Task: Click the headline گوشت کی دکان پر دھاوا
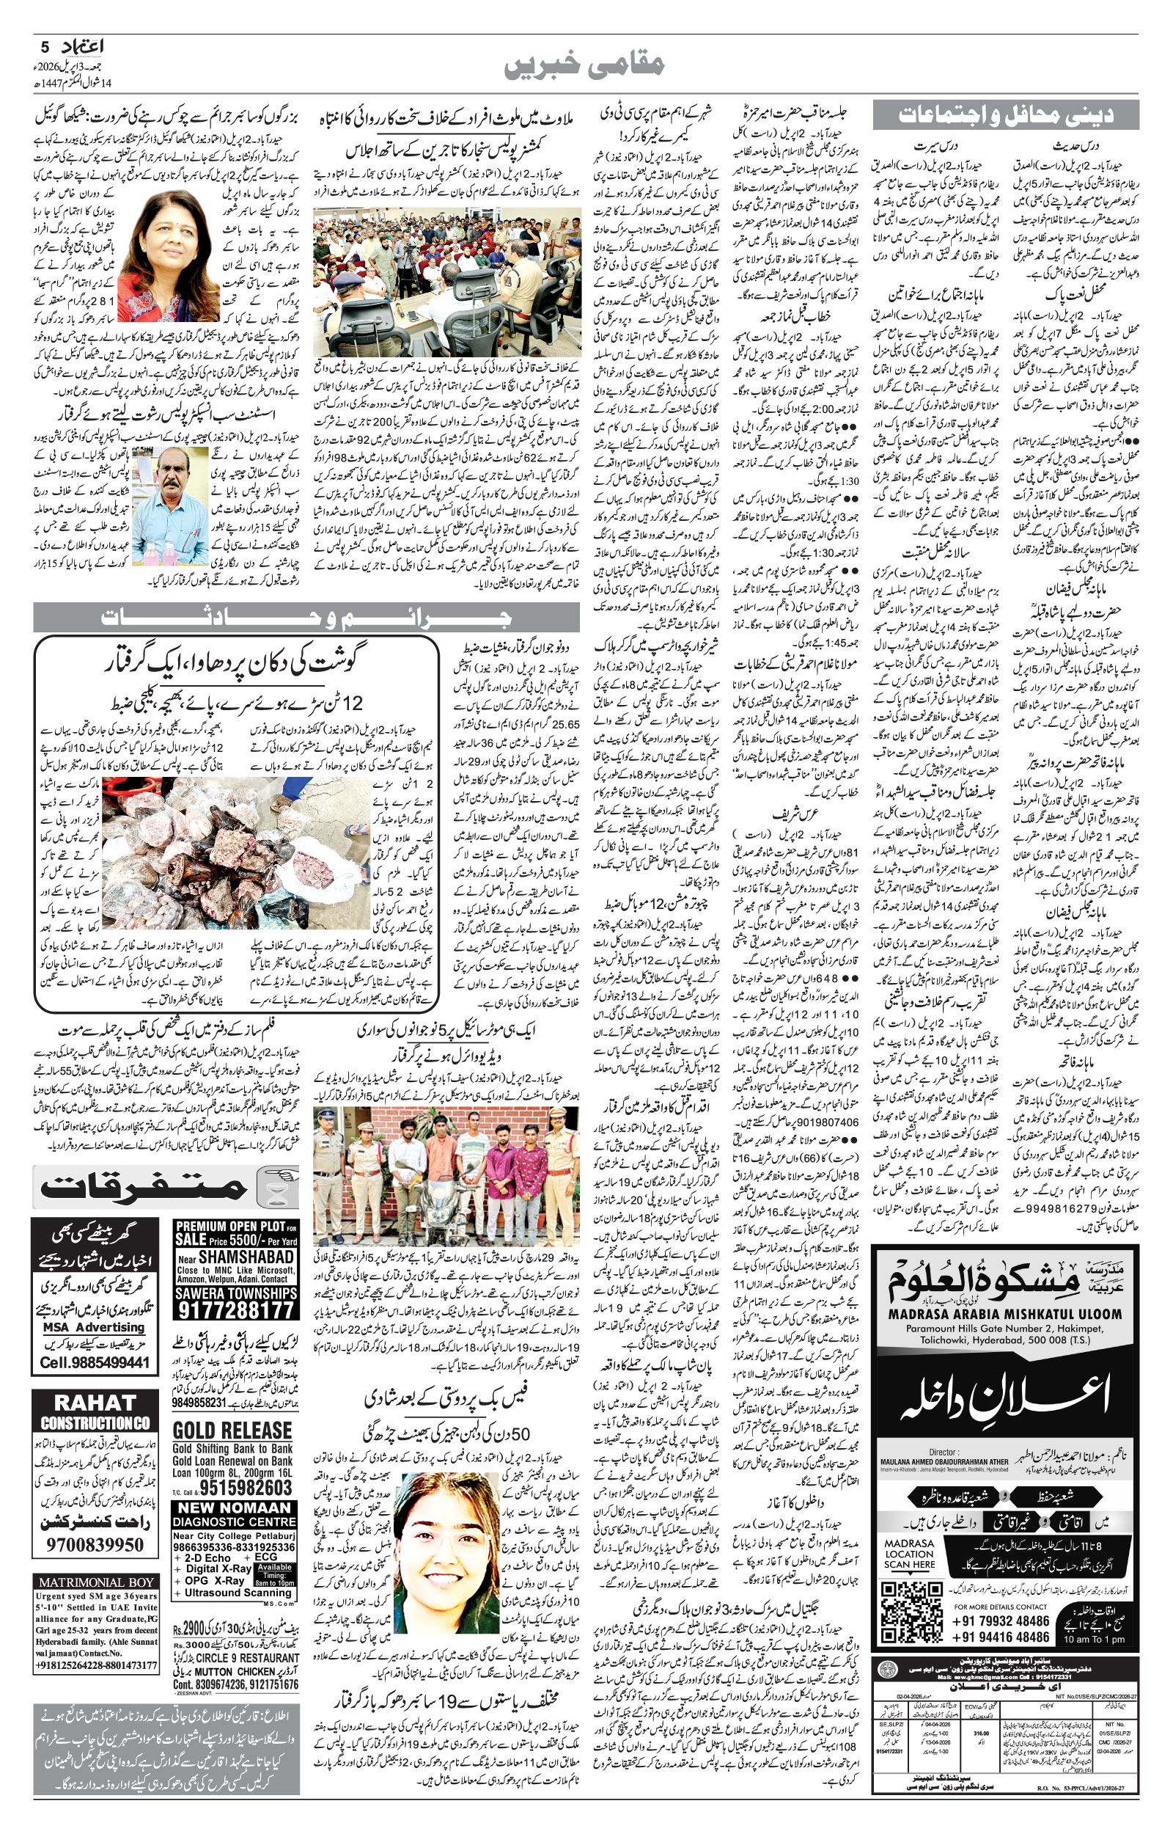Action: [236, 659]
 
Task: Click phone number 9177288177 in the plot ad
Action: [235, 1309]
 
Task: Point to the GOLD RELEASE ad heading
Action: [232, 1431]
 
